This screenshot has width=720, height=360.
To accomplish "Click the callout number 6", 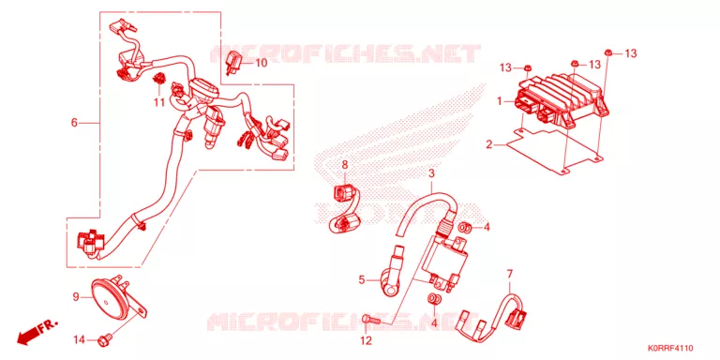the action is [x=74, y=123].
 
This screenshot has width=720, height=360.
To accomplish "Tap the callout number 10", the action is [x=261, y=63].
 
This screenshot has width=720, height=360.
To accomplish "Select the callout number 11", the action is [x=158, y=102].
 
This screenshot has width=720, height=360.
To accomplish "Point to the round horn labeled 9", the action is [x=112, y=297].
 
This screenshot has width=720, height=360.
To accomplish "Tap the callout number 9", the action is [x=76, y=297].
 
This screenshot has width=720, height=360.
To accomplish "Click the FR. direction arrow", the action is [x=37, y=333].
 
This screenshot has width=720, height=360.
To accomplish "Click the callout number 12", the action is [x=366, y=340].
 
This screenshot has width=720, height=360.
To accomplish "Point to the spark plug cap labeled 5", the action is [x=390, y=273].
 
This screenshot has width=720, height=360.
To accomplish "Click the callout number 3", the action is [x=431, y=173].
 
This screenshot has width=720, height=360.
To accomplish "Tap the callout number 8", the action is [x=345, y=164].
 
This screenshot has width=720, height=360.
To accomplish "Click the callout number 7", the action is [x=509, y=274].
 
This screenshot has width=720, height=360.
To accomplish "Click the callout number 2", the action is [x=489, y=145].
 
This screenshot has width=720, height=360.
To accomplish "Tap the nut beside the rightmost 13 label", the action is [x=607, y=52].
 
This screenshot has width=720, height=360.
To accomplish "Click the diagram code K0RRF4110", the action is [x=670, y=348].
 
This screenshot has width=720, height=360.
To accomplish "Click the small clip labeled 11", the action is [x=158, y=79].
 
